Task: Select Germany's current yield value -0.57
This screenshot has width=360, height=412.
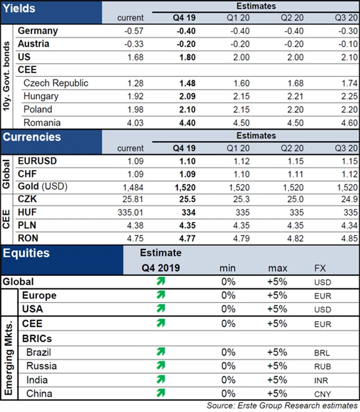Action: tap(133, 30)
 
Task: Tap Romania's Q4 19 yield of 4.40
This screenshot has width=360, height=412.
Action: tap(184, 123)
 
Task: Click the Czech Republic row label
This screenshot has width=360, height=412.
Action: tap(56, 83)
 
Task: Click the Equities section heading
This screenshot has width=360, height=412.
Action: tap(26, 254)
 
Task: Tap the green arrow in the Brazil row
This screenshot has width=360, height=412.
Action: tap(161, 352)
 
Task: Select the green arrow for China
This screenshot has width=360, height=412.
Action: tap(161, 392)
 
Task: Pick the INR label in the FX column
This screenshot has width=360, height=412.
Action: tap(321, 380)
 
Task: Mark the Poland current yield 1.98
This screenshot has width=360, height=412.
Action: tap(133, 110)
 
